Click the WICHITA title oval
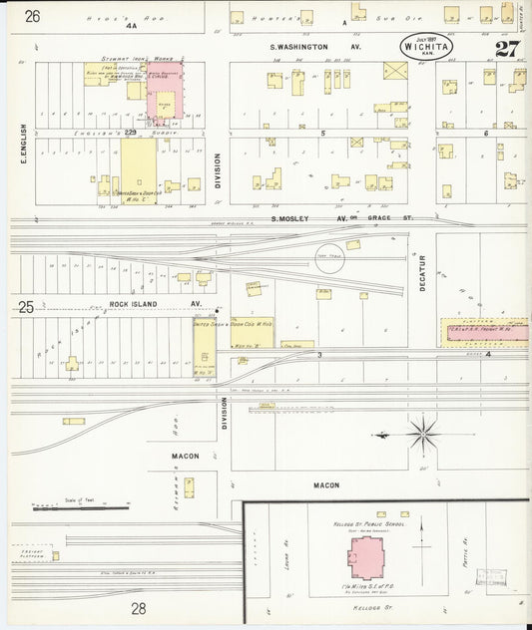pyautogui.click(x=427, y=46)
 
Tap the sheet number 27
pyautogui.click(x=506, y=48)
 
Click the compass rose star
pyautogui.click(x=423, y=434)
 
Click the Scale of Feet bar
pyautogui.click(x=70, y=506)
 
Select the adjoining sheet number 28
pyautogui.click(x=138, y=607)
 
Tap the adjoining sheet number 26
pyautogui.click(x=33, y=16)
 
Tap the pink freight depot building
pyautogui.click(x=487, y=331)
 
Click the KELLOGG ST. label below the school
pyautogui.click(x=367, y=603)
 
